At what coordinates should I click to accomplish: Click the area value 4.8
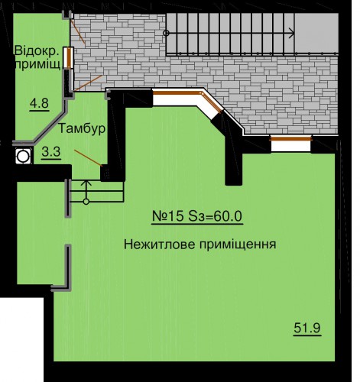[x=39, y=104]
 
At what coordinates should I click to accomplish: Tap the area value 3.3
[x=51, y=152]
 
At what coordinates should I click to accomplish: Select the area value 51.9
[x=307, y=328]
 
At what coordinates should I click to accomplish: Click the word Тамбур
[x=83, y=128]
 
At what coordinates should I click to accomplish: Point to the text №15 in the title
[x=168, y=216]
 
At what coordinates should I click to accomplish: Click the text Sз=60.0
[x=215, y=216]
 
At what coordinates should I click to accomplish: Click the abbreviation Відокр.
[x=37, y=50]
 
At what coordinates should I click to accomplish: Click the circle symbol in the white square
[x=23, y=156]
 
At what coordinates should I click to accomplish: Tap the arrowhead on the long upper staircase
[x=292, y=33]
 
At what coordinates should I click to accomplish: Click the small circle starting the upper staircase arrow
[x=167, y=33]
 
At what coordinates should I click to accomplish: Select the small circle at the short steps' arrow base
[x=86, y=202]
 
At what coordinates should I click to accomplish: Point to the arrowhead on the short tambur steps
[x=86, y=183]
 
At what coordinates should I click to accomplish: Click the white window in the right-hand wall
[x=291, y=144]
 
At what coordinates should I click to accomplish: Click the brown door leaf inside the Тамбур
[x=88, y=158]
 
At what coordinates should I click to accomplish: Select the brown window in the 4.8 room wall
[x=69, y=58]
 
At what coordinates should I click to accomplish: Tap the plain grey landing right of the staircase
[x=316, y=33]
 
